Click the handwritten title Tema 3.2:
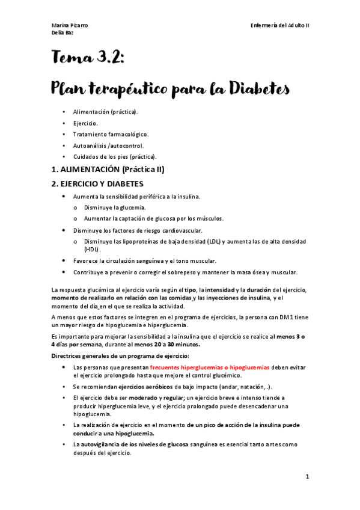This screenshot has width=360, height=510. click(x=88, y=58)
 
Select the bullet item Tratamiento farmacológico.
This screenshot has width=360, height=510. click(x=111, y=134)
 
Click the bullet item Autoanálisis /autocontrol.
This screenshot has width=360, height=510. click(x=108, y=146)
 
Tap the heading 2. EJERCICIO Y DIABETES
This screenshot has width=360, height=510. click(x=97, y=183)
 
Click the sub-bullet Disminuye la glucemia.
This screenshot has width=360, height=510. click(x=115, y=207)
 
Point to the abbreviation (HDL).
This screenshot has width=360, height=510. click(x=93, y=248)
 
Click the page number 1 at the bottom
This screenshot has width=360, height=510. click(x=307, y=476)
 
